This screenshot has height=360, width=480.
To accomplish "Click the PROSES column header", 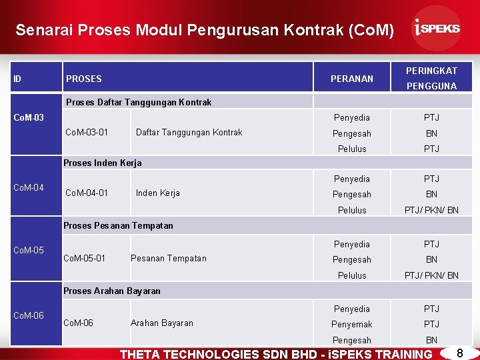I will pyautogui.click(x=84, y=79).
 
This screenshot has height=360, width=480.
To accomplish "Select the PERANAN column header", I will pyautogui.click(x=352, y=79).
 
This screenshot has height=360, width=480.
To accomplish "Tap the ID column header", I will pyautogui.click(x=17, y=79).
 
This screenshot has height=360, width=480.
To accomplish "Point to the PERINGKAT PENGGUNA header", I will pyautogui.click(x=431, y=78).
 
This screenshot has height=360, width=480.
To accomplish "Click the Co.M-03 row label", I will pyautogui.click(x=29, y=118).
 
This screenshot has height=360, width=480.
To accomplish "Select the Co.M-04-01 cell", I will pyautogui.click(x=87, y=193).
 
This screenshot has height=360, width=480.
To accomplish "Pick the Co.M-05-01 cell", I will pyautogui.click(x=84, y=258).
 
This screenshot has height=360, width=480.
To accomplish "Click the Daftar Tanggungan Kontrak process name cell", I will pyautogui.click(x=189, y=132).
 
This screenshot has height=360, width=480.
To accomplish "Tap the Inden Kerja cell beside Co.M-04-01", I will pyautogui.click(x=157, y=193).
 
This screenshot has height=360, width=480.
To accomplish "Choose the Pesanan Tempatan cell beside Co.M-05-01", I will pyautogui.click(x=169, y=258).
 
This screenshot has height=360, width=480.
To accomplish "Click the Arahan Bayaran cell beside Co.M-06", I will pyautogui.click(x=162, y=323).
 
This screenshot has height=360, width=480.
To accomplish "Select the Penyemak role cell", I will pyautogui.click(x=352, y=324).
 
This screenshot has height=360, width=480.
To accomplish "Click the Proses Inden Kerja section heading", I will pyautogui.click(x=102, y=163).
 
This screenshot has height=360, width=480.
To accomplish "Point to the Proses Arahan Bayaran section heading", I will pyautogui.click(x=111, y=291).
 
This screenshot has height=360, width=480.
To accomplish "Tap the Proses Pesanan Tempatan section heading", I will pyautogui.click(x=117, y=225).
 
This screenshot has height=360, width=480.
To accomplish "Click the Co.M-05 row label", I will pyautogui.click(x=29, y=251).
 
